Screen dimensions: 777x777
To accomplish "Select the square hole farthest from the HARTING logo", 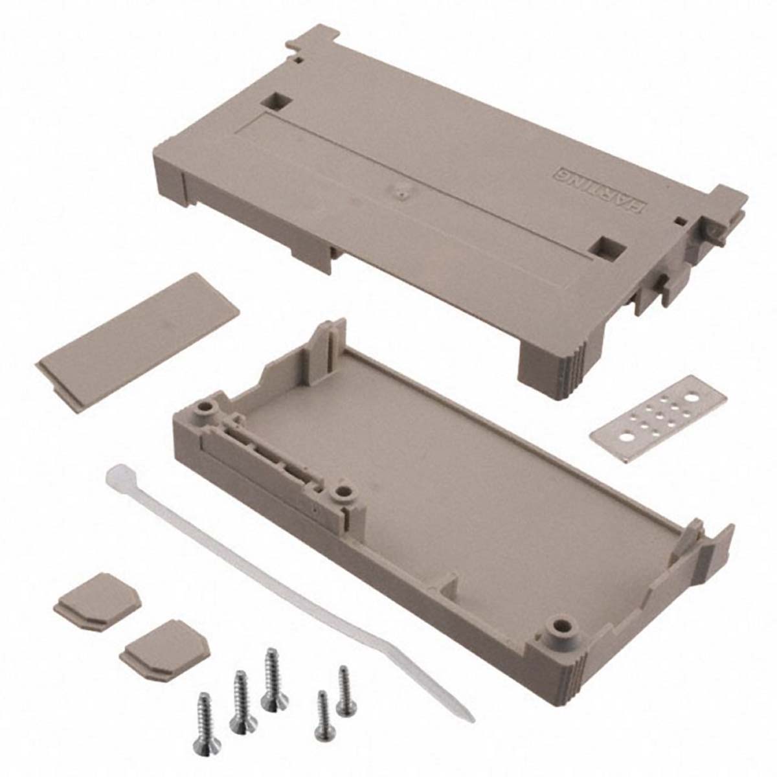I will pos(272,102).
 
